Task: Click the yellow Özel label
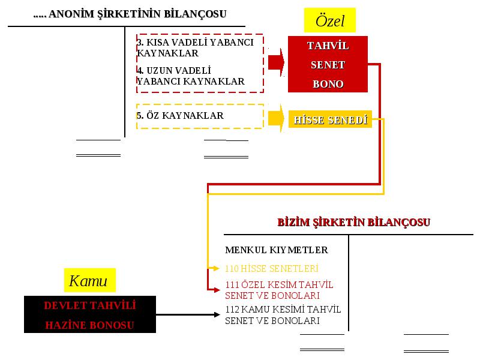[x=329, y=20]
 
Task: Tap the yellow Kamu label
[x=89, y=280]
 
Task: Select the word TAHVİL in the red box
[x=328, y=46]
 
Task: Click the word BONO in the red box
[x=328, y=84]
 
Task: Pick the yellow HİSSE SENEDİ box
[x=330, y=119]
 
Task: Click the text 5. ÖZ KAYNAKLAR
[x=180, y=115]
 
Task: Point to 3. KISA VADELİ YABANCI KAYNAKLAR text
[x=195, y=47]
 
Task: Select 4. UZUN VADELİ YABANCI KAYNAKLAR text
[x=190, y=76]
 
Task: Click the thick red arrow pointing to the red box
[x=276, y=62]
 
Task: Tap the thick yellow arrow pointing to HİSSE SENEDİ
[x=276, y=118]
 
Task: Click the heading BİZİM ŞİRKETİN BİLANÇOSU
[x=353, y=222]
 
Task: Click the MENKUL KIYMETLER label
[x=277, y=250]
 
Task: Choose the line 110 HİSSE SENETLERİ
[x=272, y=268]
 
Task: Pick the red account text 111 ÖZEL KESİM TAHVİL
[x=279, y=284]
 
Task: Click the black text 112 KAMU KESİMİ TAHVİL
[x=283, y=309]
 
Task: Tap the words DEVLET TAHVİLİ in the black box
[x=89, y=305]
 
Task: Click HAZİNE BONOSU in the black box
[x=89, y=325]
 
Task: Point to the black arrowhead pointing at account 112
[x=217, y=314]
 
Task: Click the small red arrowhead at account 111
[x=217, y=290]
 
